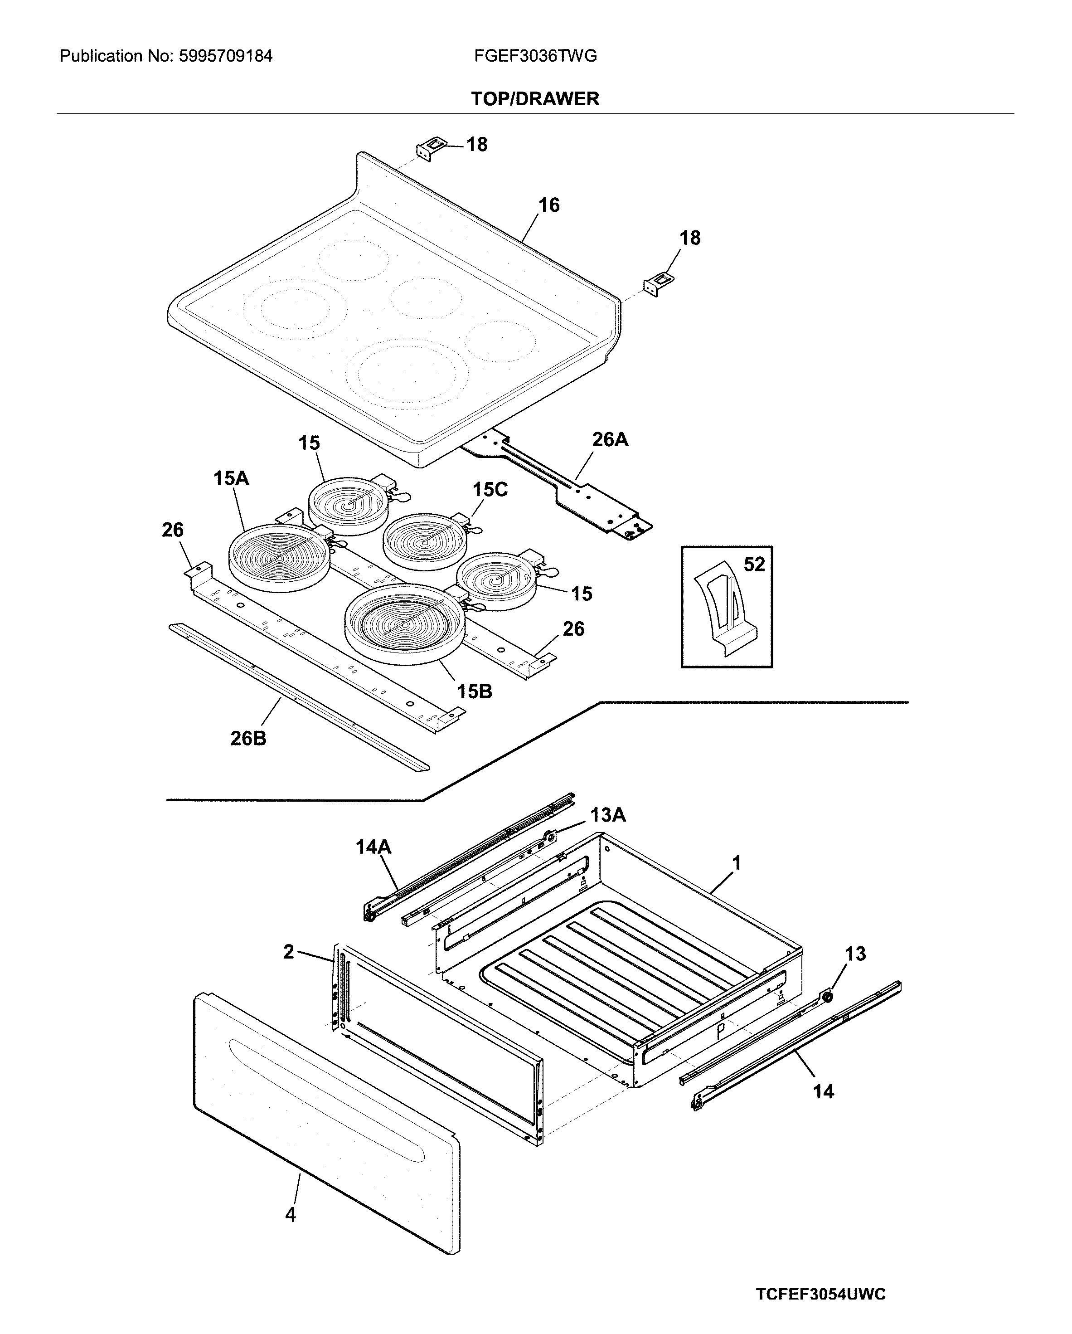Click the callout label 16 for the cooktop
coord(548,205)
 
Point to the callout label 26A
coord(610,439)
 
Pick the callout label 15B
coord(475,691)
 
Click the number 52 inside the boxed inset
coord(754,564)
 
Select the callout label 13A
coord(607,815)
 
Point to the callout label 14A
coord(373,847)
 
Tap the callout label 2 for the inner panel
coord(288,952)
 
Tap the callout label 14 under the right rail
coord(823,1091)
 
